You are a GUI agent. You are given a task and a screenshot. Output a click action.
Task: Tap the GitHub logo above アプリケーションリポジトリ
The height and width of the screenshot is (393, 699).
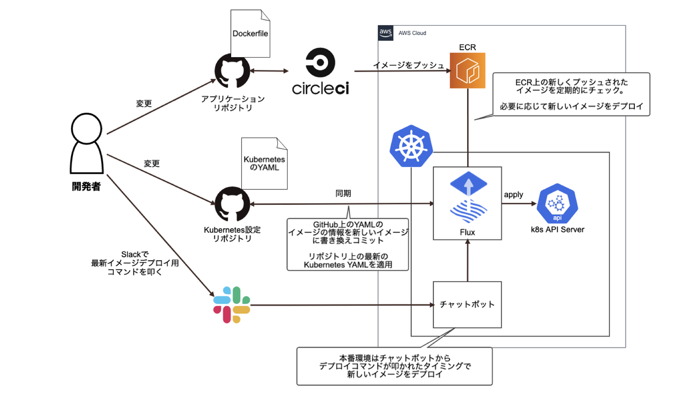click(x=232, y=72)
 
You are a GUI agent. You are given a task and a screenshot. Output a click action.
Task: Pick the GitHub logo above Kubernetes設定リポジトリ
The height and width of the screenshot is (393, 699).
click(x=232, y=204)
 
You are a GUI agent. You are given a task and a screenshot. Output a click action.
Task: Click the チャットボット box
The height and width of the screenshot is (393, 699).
click(x=467, y=304)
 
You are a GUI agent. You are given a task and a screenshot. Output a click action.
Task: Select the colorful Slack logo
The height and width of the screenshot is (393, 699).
click(x=231, y=305)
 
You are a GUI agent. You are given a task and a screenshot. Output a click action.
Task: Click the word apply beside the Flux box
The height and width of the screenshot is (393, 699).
click(x=513, y=194)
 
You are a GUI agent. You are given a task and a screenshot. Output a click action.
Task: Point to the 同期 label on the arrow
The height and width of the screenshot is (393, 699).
click(x=343, y=194)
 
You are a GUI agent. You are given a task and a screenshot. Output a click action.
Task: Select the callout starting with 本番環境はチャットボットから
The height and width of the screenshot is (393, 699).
click(x=394, y=366)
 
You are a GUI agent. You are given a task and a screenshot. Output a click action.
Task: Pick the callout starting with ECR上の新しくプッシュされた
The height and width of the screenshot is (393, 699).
click(x=571, y=94)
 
